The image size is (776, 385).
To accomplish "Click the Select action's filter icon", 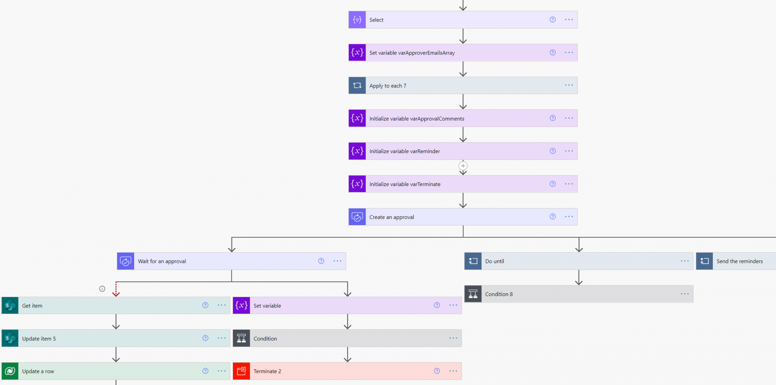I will pyautogui.click(x=357, y=20).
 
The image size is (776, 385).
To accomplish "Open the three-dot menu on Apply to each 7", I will pyautogui.click(x=569, y=85).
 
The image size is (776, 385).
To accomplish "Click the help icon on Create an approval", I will pyautogui.click(x=552, y=216).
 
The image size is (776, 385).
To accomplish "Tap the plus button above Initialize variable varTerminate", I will pyautogui.click(x=463, y=166).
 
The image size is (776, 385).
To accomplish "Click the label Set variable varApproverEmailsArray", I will pyautogui.click(x=412, y=53).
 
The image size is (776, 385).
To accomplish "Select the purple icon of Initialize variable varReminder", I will pyautogui.click(x=357, y=151).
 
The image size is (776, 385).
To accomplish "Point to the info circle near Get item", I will pyautogui.click(x=102, y=289).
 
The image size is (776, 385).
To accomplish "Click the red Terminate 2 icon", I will pyautogui.click(x=241, y=371).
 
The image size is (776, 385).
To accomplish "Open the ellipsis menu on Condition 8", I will pyautogui.click(x=684, y=294).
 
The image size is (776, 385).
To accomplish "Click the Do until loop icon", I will pyautogui.click(x=473, y=261).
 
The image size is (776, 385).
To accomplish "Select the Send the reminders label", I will pyautogui.click(x=739, y=261).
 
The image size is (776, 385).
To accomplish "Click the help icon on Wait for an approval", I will pyautogui.click(x=321, y=261).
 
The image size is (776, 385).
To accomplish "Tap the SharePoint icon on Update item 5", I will pyautogui.click(x=10, y=338).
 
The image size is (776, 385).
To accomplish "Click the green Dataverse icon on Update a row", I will pyautogui.click(x=10, y=371).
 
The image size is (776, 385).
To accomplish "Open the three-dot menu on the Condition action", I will pyautogui.click(x=453, y=338).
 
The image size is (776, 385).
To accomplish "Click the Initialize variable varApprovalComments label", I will pyautogui.click(x=416, y=119).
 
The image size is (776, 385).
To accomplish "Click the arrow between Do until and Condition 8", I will pyautogui.click(x=579, y=278).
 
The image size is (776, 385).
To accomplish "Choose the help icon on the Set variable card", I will pyautogui.click(x=436, y=305).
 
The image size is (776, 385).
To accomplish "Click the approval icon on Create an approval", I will pyautogui.click(x=357, y=217).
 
